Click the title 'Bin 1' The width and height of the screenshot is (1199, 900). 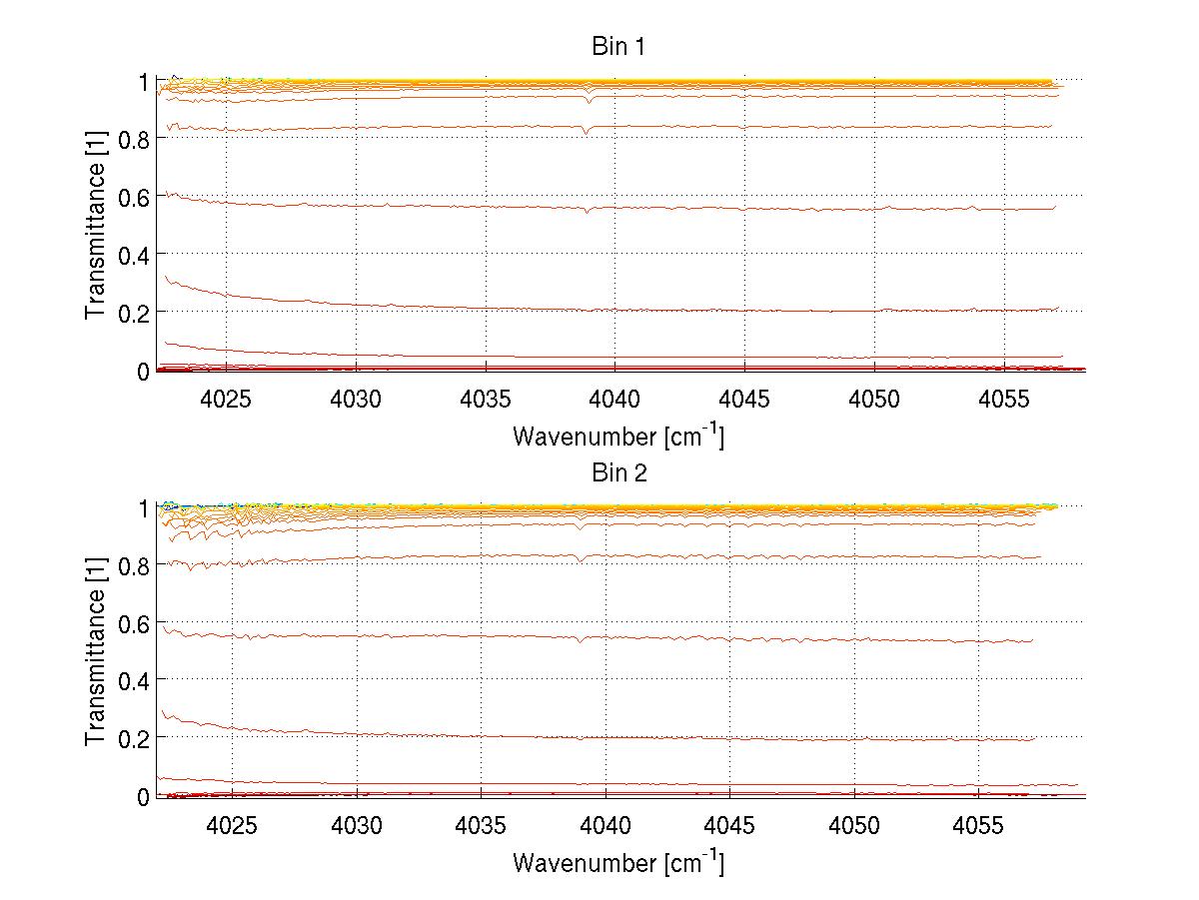click(x=619, y=46)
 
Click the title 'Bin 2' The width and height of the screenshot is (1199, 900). click(x=619, y=472)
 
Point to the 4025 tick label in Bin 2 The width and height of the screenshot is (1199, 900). click(x=232, y=826)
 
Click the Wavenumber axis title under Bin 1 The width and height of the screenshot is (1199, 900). click(x=618, y=436)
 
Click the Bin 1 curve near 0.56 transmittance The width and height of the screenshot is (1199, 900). click(x=699, y=207)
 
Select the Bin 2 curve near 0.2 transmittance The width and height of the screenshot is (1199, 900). click(x=699, y=737)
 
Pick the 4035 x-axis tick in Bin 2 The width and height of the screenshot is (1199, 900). click(x=481, y=826)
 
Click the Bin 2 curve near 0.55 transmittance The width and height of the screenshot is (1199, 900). click(x=699, y=637)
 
